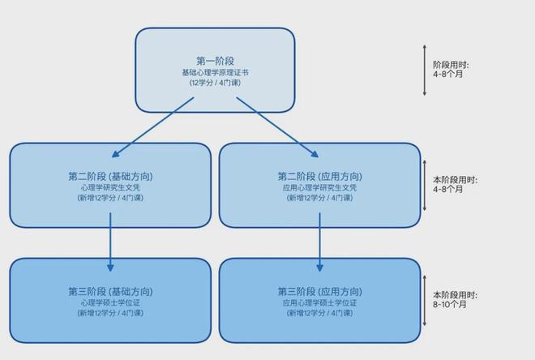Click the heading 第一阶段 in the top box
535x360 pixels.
click(x=216, y=61)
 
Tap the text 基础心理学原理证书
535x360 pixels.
click(x=216, y=73)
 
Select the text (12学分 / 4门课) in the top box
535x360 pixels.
click(x=216, y=83)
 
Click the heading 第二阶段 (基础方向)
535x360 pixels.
click(x=110, y=177)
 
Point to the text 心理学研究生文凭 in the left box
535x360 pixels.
click(x=110, y=187)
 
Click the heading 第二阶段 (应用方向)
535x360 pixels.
click(x=319, y=177)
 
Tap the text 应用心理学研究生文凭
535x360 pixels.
click(x=319, y=187)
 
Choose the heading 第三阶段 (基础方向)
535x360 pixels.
click(x=110, y=292)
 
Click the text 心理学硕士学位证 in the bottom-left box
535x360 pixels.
click(x=110, y=303)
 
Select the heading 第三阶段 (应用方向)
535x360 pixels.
click(x=319, y=292)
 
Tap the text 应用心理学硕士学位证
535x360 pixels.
click(x=319, y=303)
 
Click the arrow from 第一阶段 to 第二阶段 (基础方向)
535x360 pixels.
click(x=153, y=127)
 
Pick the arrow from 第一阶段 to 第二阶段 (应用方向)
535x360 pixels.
click(x=277, y=127)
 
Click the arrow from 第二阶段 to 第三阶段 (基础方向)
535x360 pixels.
click(x=110, y=242)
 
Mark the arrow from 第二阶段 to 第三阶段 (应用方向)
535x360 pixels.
click(x=319, y=242)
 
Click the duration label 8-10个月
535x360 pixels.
click(x=450, y=304)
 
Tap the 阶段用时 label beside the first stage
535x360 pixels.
click(x=451, y=65)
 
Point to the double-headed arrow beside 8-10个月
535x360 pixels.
click(x=425, y=301)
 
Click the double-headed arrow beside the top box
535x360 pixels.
click(x=425, y=71)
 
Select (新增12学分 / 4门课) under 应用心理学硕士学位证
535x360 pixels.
click(x=319, y=313)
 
